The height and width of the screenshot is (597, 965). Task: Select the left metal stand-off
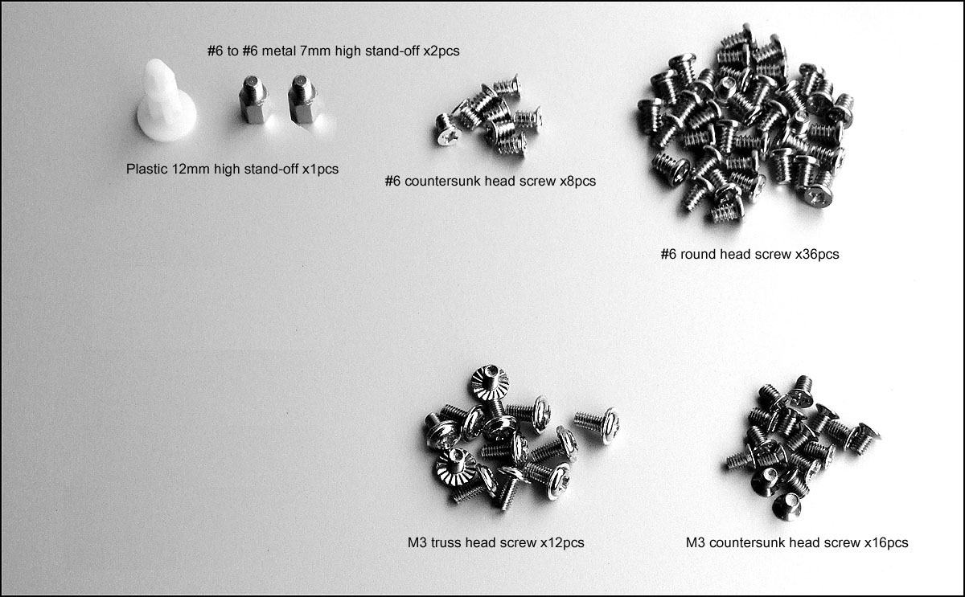coord(253,100)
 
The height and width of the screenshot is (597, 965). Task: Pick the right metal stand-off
coord(302,100)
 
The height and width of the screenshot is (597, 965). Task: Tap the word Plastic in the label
coord(146,169)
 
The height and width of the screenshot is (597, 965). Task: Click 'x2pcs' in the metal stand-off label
coord(441,51)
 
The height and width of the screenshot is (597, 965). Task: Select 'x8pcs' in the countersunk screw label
coord(577,182)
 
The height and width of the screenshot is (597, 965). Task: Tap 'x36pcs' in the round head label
coord(817,255)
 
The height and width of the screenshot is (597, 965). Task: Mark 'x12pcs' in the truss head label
coord(563,543)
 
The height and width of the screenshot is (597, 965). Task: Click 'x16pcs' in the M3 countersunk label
coord(886,543)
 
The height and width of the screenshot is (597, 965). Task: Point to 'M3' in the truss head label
coord(417,543)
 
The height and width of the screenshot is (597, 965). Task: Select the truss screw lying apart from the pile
coord(597,424)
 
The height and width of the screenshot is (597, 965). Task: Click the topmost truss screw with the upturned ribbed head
coord(490,382)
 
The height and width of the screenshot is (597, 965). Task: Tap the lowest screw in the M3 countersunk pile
coord(786,507)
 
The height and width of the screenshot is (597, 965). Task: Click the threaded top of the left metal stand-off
coord(253,86)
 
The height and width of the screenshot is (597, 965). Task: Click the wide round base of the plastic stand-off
coord(167,124)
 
